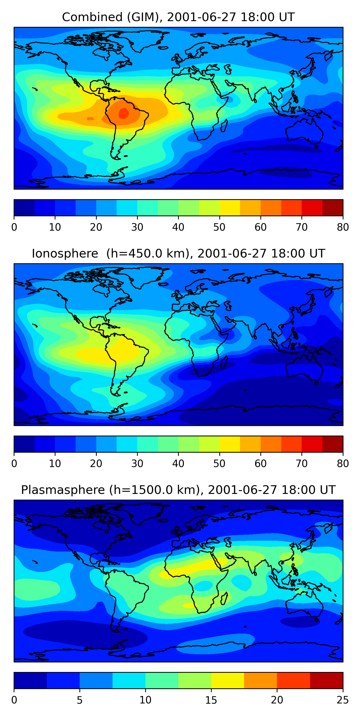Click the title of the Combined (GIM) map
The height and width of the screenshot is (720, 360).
tap(178, 17)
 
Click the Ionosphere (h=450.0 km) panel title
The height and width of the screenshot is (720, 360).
tap(178, 253)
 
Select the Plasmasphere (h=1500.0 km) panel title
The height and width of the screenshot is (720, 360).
tap(178, 490)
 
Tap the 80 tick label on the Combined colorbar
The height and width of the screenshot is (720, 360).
tap(343, 227)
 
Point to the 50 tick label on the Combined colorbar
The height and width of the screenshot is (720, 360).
tap(219, 227)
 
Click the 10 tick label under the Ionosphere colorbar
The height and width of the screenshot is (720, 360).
tap(55, 464)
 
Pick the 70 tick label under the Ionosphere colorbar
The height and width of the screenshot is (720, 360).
tap(302, 464)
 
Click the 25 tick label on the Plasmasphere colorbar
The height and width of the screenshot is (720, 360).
tap(343, 700)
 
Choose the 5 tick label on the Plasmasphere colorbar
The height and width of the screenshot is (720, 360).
tap(80, 700)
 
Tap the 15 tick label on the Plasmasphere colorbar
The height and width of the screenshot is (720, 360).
tap(211, 700)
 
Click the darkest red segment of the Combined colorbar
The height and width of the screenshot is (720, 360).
tap(333, 208)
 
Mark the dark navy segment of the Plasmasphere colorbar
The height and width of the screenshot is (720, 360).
tap(30, 681)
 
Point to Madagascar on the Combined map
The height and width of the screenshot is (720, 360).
tap(224, 126)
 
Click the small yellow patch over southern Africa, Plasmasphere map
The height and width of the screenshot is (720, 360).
tap(189, 606)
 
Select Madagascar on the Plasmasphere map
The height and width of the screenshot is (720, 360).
tap(224, 599)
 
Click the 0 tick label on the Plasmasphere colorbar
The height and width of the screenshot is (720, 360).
tap(14, 700)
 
